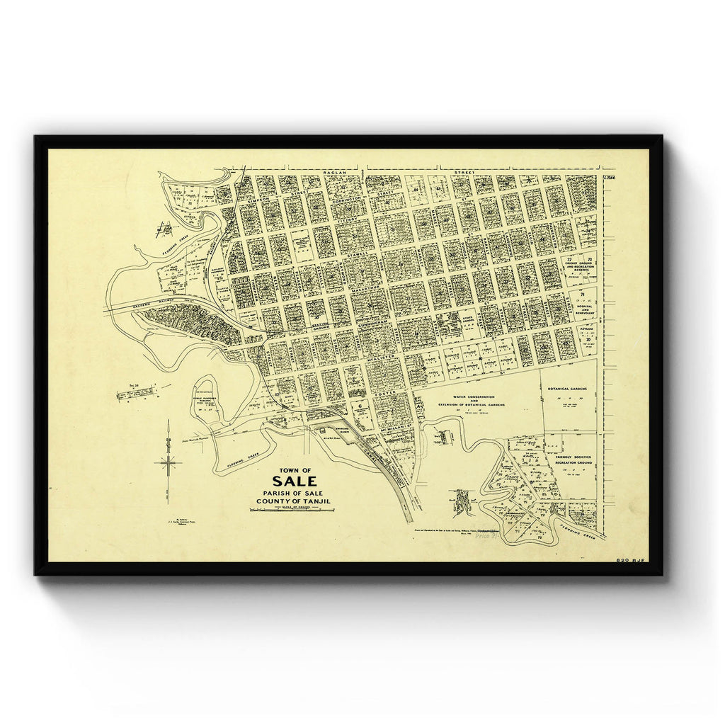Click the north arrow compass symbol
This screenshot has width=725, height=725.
pyautogui.click(x=169, y=463)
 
